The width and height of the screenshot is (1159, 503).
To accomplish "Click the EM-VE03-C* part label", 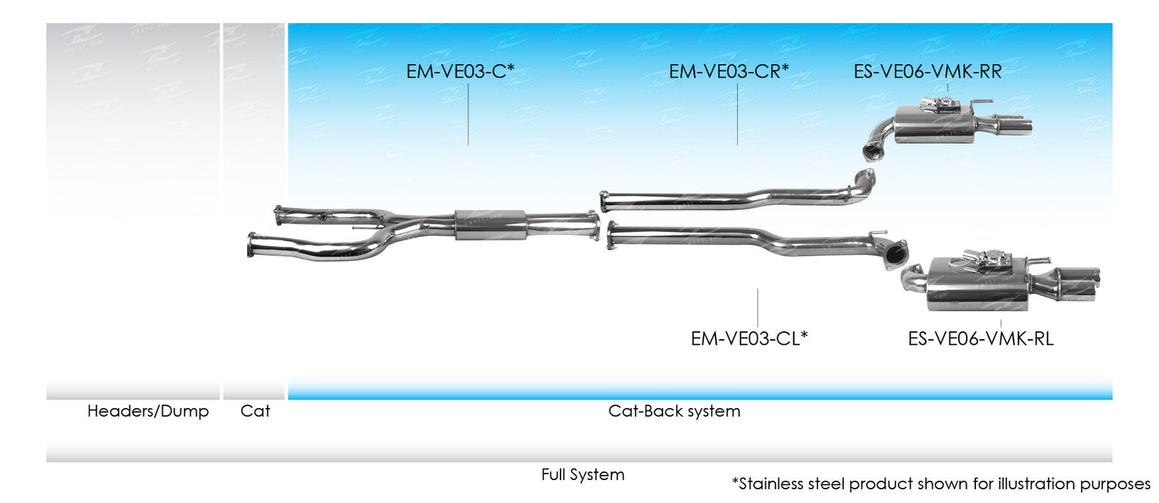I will [x=460, y=72].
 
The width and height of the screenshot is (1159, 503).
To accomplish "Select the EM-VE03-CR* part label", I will [x=728, y=72].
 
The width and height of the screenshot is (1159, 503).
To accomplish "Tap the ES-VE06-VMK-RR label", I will [x=927, y=72].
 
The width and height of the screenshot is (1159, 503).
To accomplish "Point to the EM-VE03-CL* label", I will [x=749, y=338].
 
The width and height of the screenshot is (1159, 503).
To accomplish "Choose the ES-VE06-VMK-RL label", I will [x=980, y=338].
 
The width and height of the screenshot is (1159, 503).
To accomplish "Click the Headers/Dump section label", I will [x=148, y=411].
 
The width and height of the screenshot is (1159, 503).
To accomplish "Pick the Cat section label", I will [x=255, y=411].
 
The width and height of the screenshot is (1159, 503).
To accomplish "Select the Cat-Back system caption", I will [x=674, y=411].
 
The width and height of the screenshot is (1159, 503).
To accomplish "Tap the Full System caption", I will [x=583, y=474].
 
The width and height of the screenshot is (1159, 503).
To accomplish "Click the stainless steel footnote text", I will [x=940, y=484].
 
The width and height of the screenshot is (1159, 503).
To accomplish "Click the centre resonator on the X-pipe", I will [x=491, y=224].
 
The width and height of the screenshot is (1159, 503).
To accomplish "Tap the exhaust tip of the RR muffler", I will [x=1016, y=125].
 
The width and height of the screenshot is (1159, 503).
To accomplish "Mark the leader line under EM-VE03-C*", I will [x=468, y=115].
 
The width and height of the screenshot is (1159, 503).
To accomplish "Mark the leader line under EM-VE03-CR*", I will [x=737, y=115].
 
